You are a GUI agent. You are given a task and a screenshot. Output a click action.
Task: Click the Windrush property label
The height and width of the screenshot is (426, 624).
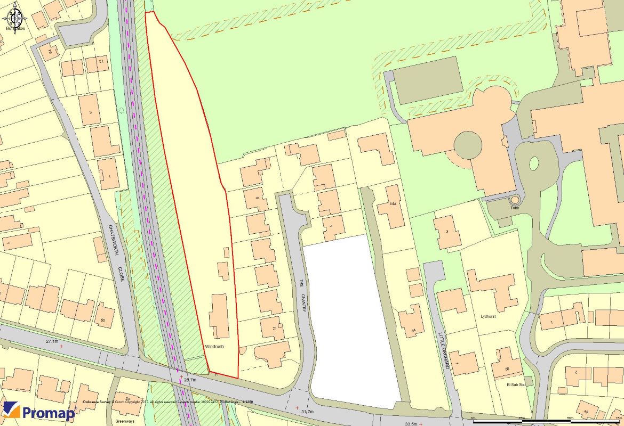[214, 346]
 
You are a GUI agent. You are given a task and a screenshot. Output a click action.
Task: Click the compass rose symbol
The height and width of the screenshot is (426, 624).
[15, 19]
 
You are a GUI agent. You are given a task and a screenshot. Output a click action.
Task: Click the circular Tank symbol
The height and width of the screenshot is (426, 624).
[515, 200]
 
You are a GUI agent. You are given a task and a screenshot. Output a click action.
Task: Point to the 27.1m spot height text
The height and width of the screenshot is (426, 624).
[52, 341]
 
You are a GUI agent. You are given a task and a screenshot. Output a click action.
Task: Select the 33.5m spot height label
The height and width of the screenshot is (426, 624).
[411, 423]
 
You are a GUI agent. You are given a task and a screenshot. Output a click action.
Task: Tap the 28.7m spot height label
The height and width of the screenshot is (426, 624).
[190, 380]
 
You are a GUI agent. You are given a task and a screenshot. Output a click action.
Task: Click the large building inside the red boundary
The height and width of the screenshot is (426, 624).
[219, 316]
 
